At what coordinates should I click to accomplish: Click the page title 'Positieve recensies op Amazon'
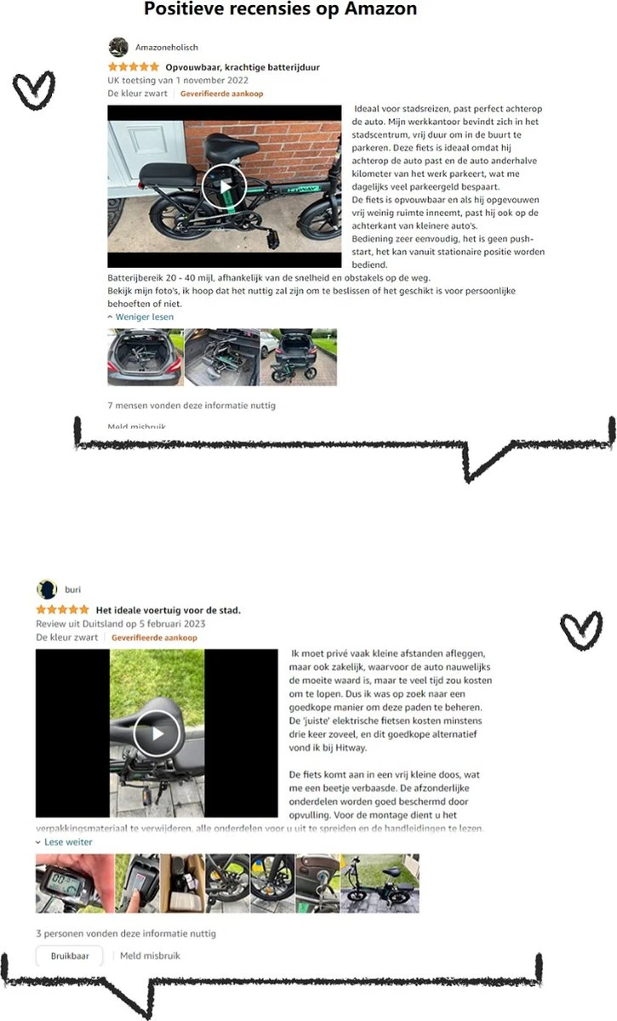pos(281,10)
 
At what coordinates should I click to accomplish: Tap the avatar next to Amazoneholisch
pos(118,48)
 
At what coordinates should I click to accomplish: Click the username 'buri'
pos(73,589)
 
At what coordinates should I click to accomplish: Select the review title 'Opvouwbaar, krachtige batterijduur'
pos(243,66)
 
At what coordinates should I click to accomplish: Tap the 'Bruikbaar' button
pos(69,955)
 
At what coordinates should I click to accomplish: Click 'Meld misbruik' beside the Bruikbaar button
pos(150,955)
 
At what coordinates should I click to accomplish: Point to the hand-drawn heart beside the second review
pos(581,630)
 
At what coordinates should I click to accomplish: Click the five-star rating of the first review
pos(133,66)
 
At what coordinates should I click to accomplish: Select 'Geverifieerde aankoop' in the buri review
pos(154,637)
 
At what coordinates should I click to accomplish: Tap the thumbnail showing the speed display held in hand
pos(74,883)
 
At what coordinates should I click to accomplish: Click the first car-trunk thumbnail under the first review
pos(145,357)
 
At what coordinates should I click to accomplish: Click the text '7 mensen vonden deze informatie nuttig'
pos(191,406)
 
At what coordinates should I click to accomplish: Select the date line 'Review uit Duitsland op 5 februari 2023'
pos(121,624)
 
